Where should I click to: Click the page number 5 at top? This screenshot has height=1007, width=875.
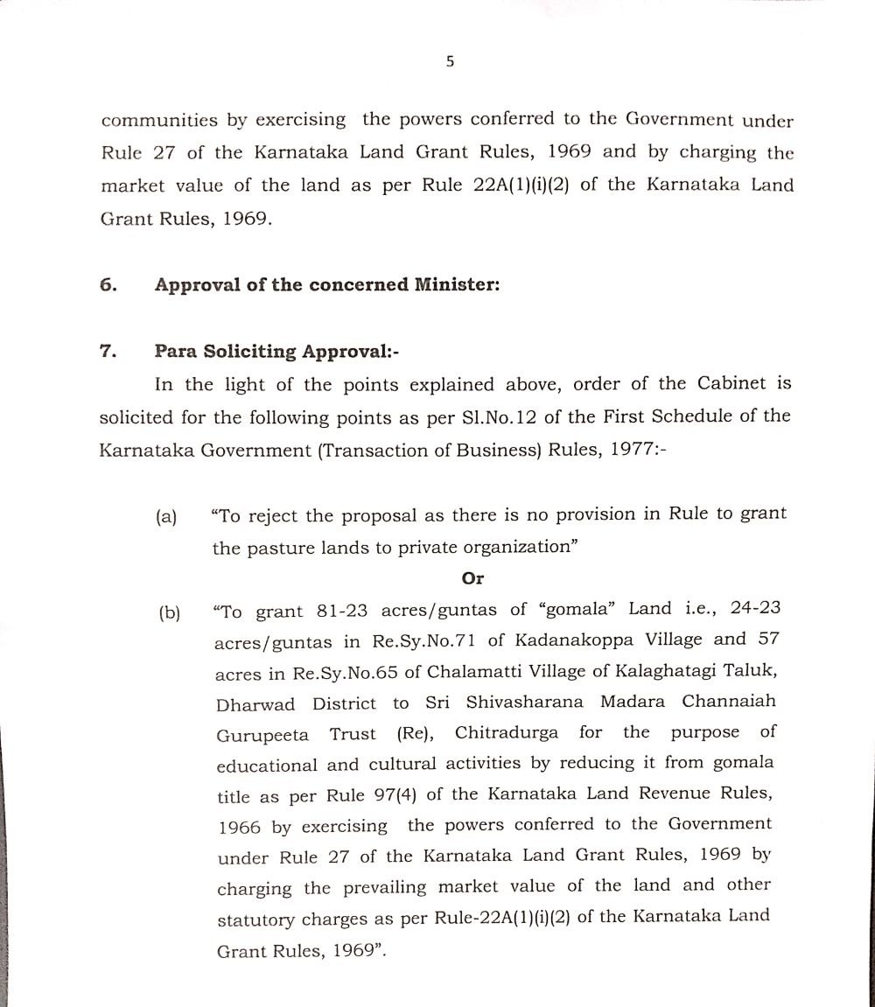click(450, 61)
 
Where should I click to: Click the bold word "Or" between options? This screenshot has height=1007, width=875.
click(472, 578)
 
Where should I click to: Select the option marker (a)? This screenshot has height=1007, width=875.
click(166, 517)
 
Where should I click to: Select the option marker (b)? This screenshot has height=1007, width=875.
click(169, 613)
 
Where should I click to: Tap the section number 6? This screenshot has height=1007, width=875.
click(108, 284)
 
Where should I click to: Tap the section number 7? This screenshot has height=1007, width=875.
click(108, 352)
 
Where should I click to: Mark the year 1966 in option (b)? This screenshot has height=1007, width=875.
click(241, 828)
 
